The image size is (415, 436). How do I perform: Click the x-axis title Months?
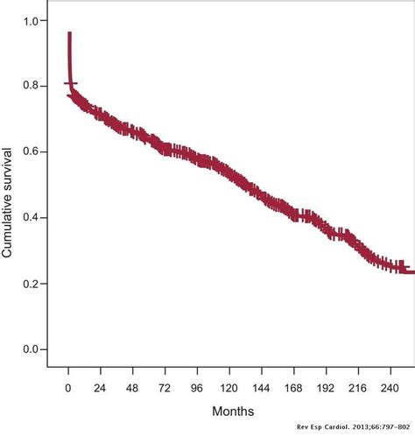(233, 410)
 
